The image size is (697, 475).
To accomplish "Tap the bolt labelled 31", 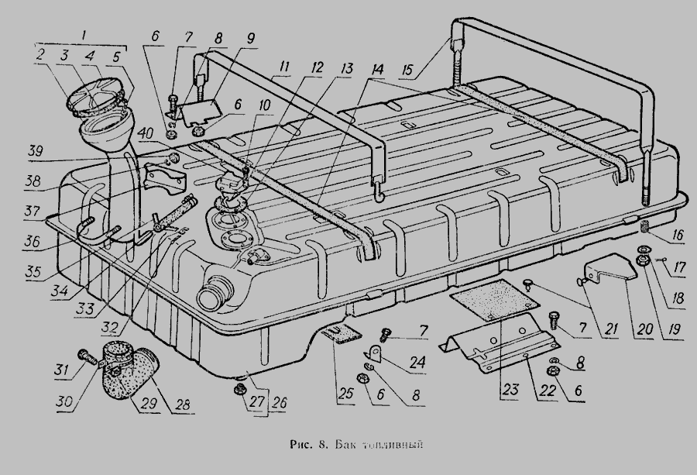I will coord(86,357).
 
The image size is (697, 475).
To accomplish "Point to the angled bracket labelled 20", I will coord(608,267).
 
